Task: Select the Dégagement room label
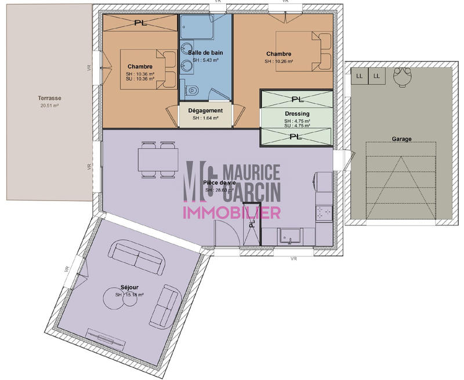coord(205,110)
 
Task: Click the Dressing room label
coord(297,114)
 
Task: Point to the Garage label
coord(401,139)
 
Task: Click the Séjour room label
coord(130,287)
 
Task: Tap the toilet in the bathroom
coord(193,91)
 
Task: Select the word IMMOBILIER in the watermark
coord(232,212)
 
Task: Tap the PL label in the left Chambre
coord(140,23)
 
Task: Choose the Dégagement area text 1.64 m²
coord(205,118)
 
